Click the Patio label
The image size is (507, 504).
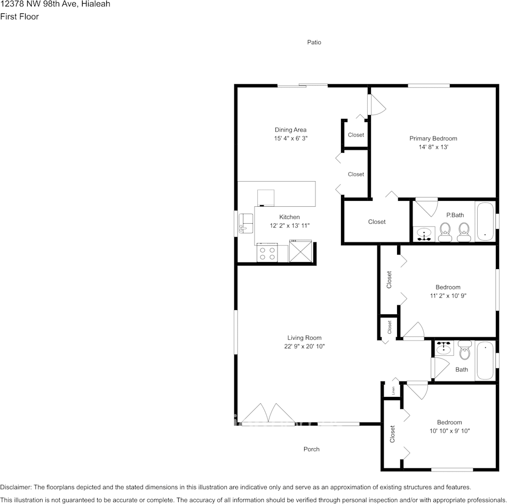[x=314, y=42]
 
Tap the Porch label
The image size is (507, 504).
[x=312, y=449]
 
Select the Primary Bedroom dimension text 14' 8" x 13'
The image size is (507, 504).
[x=433, y=147]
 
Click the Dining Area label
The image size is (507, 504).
[x=290, y=129]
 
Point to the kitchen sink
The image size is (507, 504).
[x=246, y=223]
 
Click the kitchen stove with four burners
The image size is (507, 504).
[x=267, y=253]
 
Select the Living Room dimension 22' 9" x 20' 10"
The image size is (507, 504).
[x=304, y=346]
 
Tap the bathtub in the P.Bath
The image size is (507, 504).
[x=485, y=221]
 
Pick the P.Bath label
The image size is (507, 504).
[x=455, y=215]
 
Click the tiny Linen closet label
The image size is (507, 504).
[x=393, y=390]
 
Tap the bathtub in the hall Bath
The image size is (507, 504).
[x=485, y=360]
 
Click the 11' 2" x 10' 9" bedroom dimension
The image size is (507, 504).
[x=448, y=296]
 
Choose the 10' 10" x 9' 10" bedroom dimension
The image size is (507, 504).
[x=449, y=431]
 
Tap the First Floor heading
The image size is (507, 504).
[x=19, y=17]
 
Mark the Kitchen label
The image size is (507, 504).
[x=289, y=217]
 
